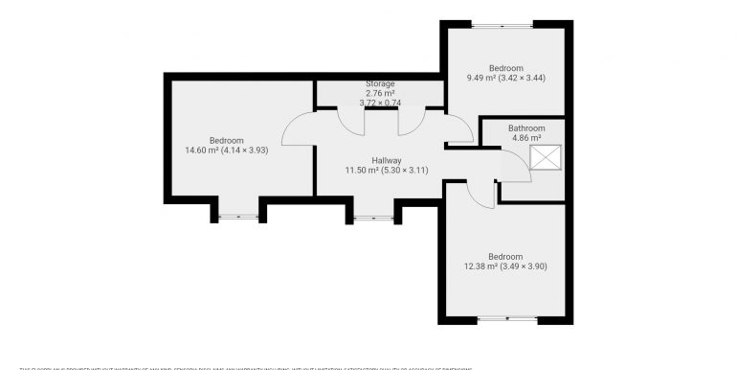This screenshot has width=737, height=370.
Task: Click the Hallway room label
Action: (x=387, y=160)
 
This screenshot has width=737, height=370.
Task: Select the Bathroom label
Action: (x=526, y=128)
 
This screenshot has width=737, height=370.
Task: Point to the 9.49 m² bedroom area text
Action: (x=505, y=78)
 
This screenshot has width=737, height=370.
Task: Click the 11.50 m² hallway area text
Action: (x=387, y=170)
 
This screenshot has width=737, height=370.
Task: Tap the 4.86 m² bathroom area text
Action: (x=526, y=138)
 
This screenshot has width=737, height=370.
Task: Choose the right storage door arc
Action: (x=412, y=119)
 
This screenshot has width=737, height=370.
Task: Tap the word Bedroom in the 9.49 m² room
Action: (x=505, y=68)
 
